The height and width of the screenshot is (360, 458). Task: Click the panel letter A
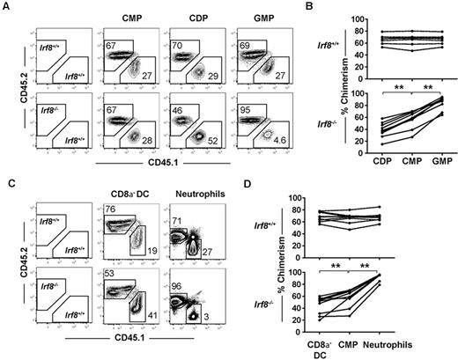pos(5,6)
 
